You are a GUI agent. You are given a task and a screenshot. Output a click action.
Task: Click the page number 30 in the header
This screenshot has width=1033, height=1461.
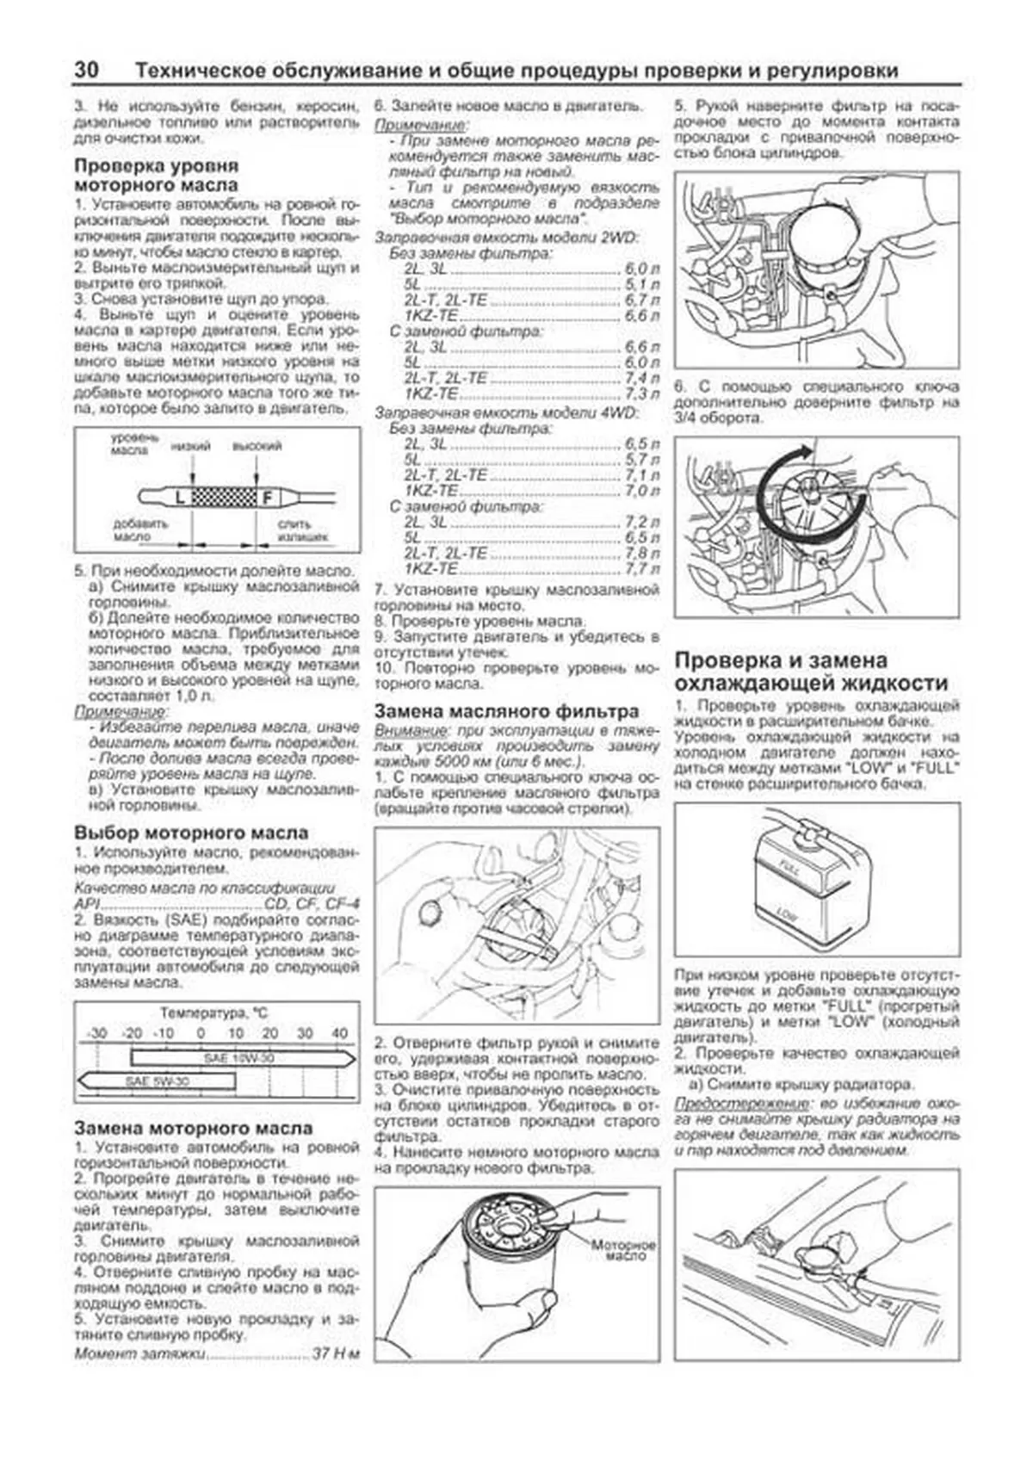[87, 71]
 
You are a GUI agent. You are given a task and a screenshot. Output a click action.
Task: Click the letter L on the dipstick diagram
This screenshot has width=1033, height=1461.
[180, 497]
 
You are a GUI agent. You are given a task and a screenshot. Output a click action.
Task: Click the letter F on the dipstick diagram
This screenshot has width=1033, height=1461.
[266, 497]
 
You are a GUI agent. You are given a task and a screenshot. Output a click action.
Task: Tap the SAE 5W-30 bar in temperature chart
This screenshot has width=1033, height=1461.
[159, 1080]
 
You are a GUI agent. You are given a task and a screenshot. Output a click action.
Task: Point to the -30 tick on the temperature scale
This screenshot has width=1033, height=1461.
[97, 1033]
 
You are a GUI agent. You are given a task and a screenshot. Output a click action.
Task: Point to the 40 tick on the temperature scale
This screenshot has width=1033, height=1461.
[339, 1033]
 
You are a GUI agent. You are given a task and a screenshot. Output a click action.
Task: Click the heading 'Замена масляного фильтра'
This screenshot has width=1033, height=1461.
[506, 711]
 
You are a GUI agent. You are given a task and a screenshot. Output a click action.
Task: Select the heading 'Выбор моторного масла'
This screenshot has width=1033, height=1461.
[191, 833]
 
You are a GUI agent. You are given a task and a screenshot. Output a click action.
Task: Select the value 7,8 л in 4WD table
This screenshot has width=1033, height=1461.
[642, 554]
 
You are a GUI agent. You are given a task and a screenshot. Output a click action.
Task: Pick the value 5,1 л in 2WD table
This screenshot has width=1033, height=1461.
[642, 285]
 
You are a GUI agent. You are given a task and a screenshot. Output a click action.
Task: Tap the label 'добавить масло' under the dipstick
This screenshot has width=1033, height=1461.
[139, 529]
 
